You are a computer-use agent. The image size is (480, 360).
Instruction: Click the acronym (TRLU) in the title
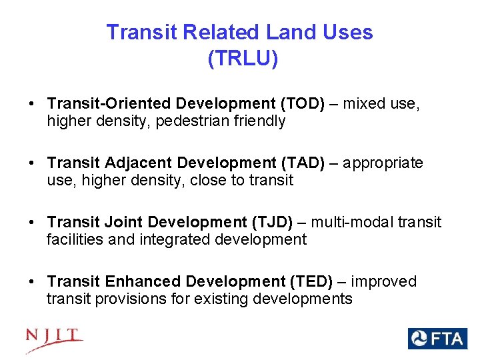pyautogui.click(x=243, y=59)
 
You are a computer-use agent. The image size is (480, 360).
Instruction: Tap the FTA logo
pyautogui.click(x=437, y=339)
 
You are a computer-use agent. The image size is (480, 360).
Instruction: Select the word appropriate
pyautogui.click(x=385, y=163)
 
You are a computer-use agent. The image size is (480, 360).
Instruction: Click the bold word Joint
pyautogui.click(x=121, y=222)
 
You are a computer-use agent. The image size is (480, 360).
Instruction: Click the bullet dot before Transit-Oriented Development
pyautogui.click(x=32, y=105)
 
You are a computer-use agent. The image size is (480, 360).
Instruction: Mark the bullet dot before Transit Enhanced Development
pyautogui.click(x=32, y=282)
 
